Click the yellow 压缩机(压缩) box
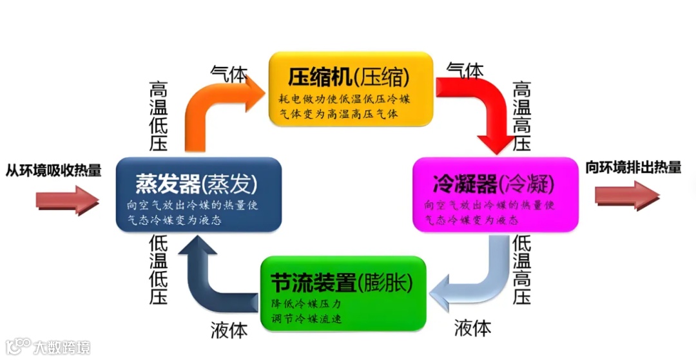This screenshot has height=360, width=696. coord(349,89)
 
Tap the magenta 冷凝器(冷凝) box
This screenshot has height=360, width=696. coord(495,194)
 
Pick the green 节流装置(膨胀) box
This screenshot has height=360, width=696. coord(343,294)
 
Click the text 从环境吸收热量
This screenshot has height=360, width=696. coord(53,170)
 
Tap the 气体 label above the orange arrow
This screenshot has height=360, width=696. coord(229,73)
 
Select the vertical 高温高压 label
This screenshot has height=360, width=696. coord(521,116)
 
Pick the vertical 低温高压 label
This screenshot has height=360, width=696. coord(521,270)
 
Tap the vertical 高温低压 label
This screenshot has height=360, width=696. coord(159,116)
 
